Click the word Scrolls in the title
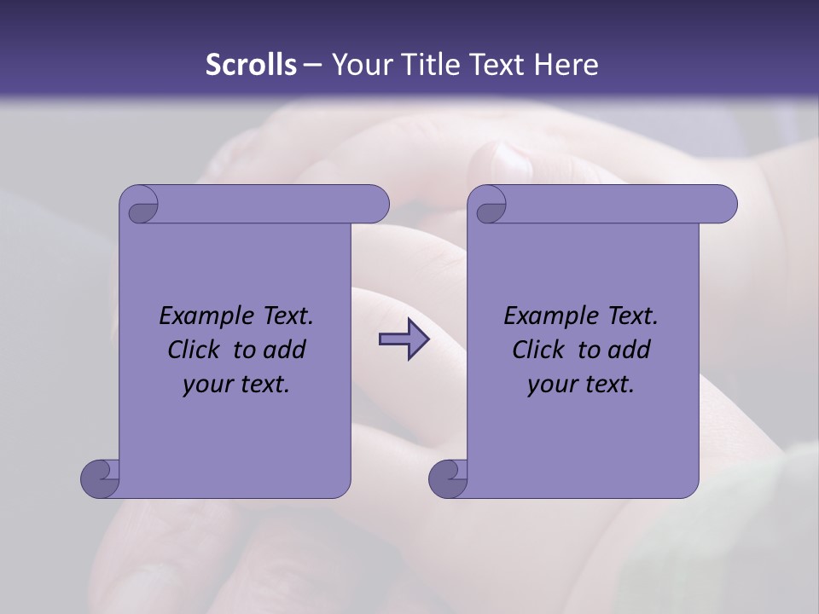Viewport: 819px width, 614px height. [x=251, y=65]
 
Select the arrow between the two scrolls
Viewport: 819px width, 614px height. [x=404, y=340]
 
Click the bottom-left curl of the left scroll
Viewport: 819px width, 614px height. [x=100, y=478]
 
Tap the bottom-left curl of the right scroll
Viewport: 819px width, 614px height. [x=448, y=478]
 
